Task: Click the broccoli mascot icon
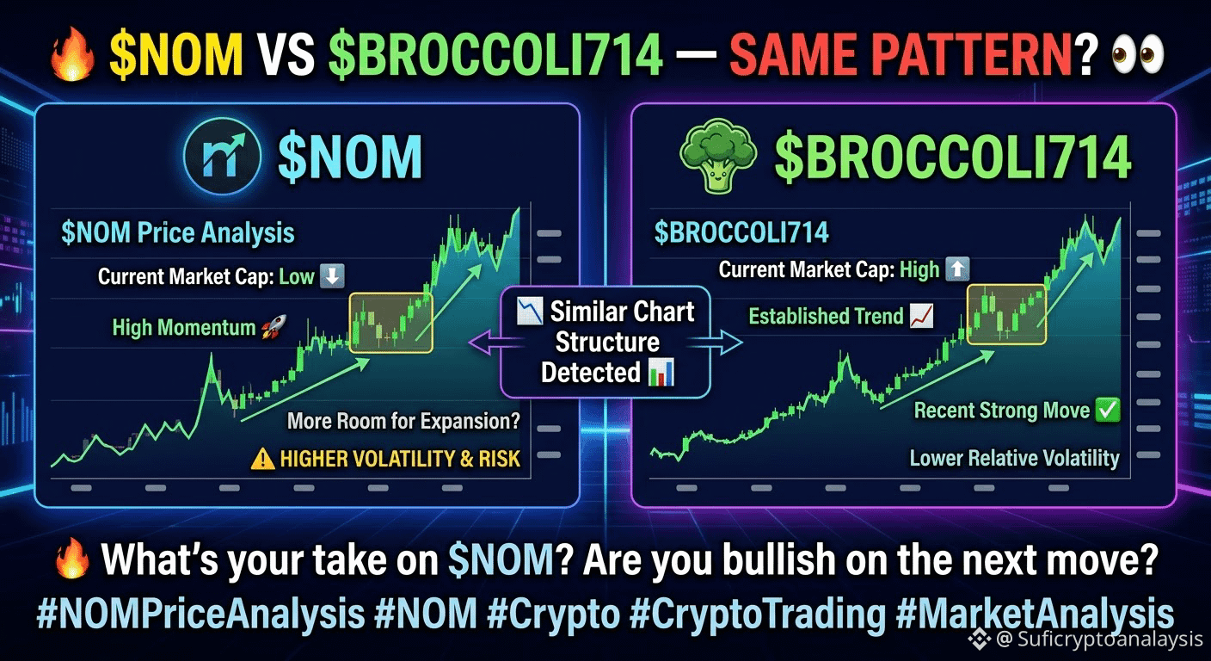click(717, 156)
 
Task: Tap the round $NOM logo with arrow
click(222, 157)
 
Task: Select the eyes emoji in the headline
click(1139, 54)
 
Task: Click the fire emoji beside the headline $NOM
click(72, 54)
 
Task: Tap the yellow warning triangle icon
click(262, 460)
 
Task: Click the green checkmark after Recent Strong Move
click(1108, 410)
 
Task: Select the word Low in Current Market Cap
click(296, 276)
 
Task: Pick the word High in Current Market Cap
click(919, 269)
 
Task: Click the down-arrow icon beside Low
click(332, 276)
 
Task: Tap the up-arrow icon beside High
click(957, 269)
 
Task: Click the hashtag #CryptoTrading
click(758, 614)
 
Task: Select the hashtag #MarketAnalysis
click(1035, 614)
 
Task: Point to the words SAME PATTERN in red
click(901, 54)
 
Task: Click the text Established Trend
click(826, 316)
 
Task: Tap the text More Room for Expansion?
click(403, 421)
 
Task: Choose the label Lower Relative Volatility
click(1014, 458)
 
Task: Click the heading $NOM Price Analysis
click(178, 232)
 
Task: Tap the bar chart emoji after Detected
click(661, 372)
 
